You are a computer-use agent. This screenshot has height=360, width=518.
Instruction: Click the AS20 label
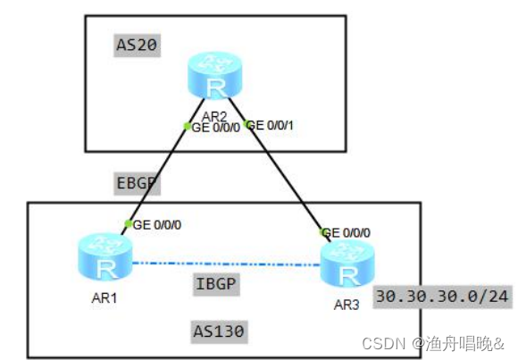coord(138,46)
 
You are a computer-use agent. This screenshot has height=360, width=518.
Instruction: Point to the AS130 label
coord(220,331)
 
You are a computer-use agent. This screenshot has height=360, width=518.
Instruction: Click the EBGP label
coord(137,184)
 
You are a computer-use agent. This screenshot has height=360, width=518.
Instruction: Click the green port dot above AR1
coord(129,223)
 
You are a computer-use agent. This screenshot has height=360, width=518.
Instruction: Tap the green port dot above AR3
coord(325,231)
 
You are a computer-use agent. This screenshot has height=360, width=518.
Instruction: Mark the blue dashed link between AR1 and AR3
coord(223,264)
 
